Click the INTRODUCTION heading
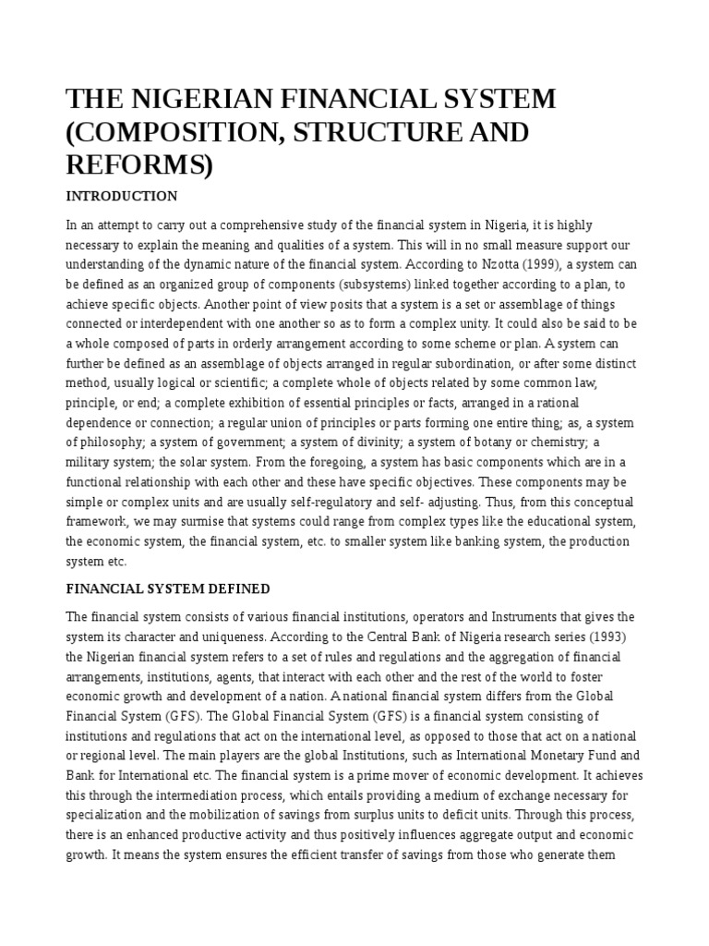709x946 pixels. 121,197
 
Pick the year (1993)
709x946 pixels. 562,637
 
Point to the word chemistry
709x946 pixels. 547,442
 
